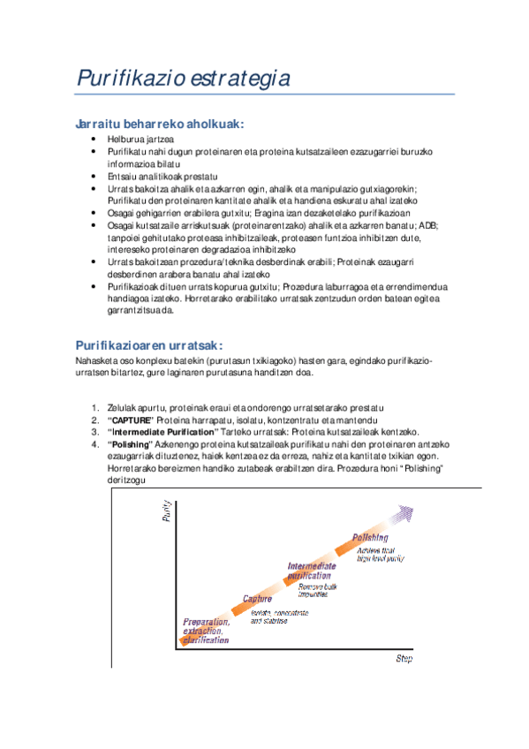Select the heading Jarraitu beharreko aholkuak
(x=159, y=125)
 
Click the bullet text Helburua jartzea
(x=140, y=140)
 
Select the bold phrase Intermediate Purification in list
(x=163, y=432)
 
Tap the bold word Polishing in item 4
(x=131, y=444)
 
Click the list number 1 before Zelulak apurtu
(x=95, y=407)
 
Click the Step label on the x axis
(x=404, y=659)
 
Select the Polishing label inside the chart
(x=370, y=537)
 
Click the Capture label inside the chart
(x=257, y=600)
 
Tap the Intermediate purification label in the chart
(x=310, y=570)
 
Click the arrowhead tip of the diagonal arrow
(x=431, y=505)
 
